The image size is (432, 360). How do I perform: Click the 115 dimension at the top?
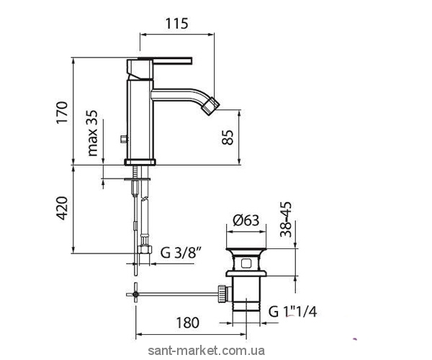[x=176, y=24]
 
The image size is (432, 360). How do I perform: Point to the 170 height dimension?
[x=62, y=112]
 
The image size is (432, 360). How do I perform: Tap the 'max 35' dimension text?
[x=93, y=133]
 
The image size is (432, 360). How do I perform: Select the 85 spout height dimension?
[x=228, y=138]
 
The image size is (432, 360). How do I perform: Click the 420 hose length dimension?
[x=62, y=208]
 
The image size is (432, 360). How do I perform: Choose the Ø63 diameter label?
[x=246, y=220]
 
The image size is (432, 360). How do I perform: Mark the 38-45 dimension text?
[x=285, y=220]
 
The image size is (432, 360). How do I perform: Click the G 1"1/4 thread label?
[x=292, y=312]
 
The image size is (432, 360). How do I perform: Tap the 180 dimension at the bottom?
[x=187, y=323]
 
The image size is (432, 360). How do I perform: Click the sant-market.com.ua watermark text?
[x=207, y=351]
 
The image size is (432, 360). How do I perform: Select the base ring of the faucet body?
[x=140, y=162]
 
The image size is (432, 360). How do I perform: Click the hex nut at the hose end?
[x=145, y=249]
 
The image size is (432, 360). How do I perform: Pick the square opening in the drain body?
[x=246, y=264]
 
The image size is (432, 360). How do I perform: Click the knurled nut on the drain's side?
[x=222, y=294]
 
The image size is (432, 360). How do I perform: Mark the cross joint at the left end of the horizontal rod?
[x=135, y=294]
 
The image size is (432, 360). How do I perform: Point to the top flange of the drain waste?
[x=246, y=251]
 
